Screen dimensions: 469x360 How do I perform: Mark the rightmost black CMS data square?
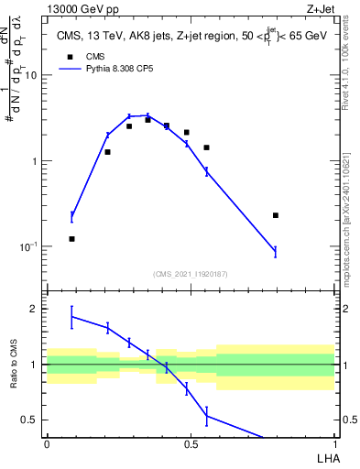click(275, 215)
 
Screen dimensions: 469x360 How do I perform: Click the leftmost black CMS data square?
click(71, 239)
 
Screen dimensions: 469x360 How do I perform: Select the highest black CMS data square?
click(147, 120)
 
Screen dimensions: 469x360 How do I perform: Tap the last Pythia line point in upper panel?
click(275, 251)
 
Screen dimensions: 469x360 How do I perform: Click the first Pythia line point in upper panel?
click(71, 217)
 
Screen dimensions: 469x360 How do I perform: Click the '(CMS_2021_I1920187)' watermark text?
click(190, 274)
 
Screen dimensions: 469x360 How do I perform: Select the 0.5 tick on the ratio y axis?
click(32, 420)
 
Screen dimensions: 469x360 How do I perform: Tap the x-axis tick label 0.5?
click(190, 443)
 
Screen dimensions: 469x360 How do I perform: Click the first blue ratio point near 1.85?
click(71, 317)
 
